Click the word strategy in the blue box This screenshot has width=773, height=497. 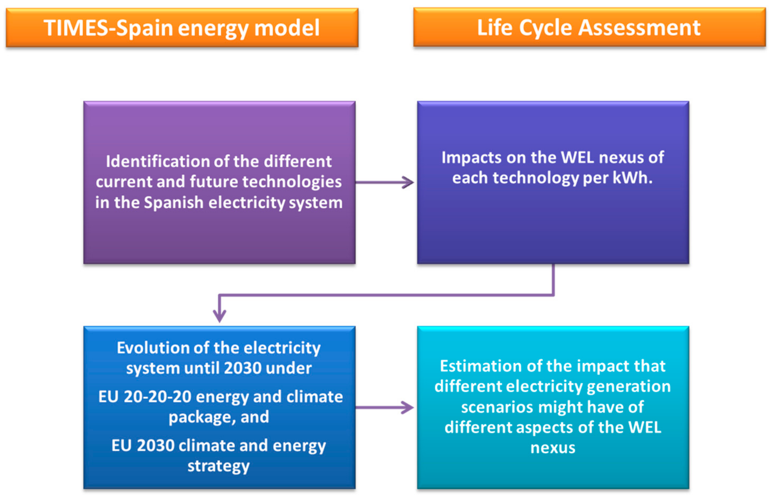219,466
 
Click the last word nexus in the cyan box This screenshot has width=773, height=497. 553,448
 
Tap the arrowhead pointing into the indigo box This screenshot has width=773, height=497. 409,182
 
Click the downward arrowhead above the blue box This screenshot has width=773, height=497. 219,316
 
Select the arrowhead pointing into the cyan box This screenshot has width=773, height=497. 409,407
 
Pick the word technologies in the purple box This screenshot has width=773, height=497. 292,182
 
